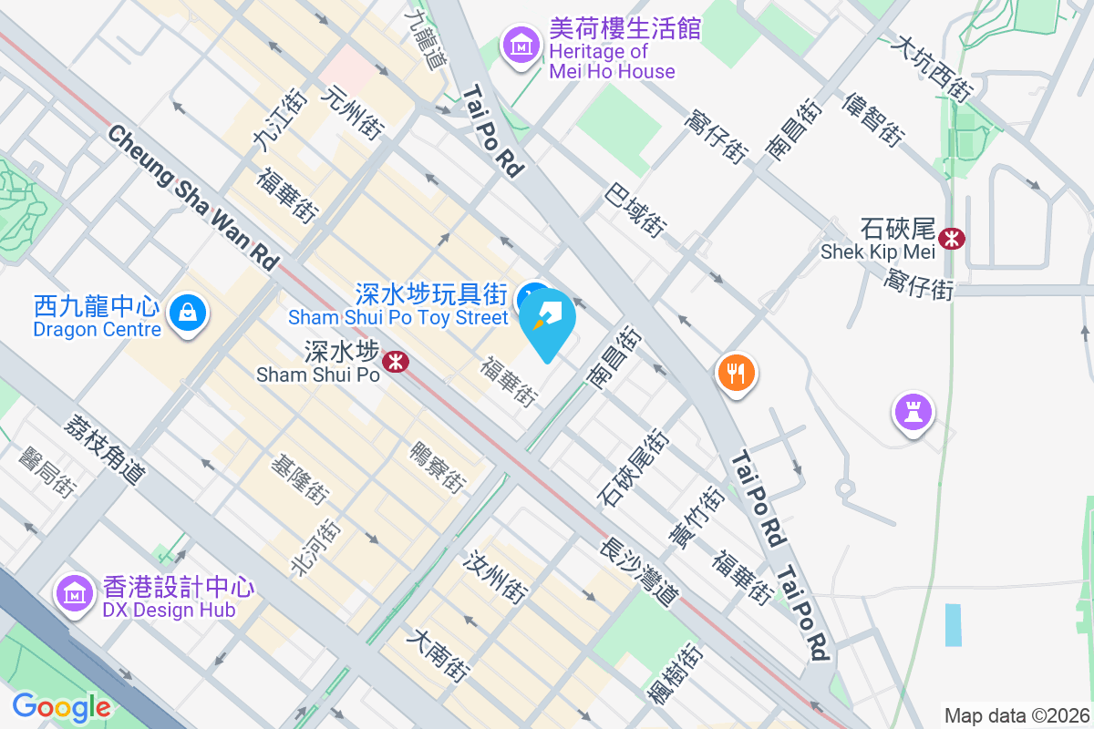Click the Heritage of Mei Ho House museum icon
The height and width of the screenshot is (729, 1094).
(x=521, y=43)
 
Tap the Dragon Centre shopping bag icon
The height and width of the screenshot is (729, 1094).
(x=188, y=312)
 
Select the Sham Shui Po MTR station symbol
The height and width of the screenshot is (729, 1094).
(x=396, y=362)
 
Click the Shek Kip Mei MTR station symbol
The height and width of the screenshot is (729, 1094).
(x=953, y=239)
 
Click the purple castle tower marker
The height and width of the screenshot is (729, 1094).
(x=913, y=413)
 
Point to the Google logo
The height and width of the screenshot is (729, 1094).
(x=61, y=707)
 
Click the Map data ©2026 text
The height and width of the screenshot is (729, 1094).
(x=1017, y=715)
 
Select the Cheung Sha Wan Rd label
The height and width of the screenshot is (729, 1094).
(x=192, y=198)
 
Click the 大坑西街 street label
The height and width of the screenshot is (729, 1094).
(x=934, y=68)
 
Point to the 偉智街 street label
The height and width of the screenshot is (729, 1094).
(x=873, y=119)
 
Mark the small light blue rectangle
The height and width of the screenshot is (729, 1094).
(x=953, y=625)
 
